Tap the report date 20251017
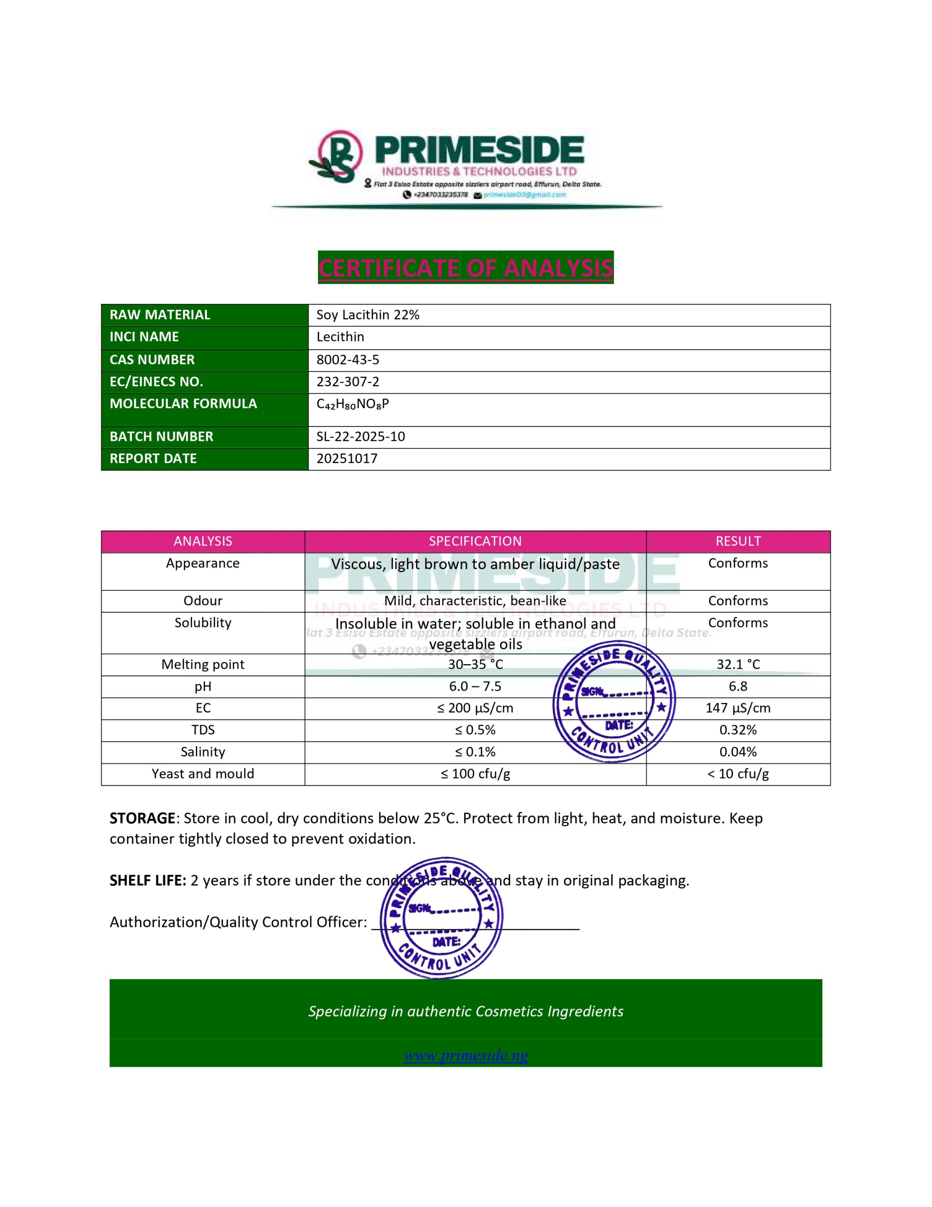(347, 459)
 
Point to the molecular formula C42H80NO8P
(352, 404)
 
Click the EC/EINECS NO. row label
(156, 382)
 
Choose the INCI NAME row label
(144, 337)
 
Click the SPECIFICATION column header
(475, 541)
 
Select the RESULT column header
(737, 541)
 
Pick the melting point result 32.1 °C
(737, 664)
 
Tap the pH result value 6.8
(737, 686)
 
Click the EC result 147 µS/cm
(737, 708)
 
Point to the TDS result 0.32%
(737, 730)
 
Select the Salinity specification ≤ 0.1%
(475, 752)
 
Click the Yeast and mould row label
(203, 774)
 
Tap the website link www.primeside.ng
(466, 1056)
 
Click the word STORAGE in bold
(142, 818)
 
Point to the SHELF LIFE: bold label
(147, 880)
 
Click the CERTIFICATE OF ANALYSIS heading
(466, 268)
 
